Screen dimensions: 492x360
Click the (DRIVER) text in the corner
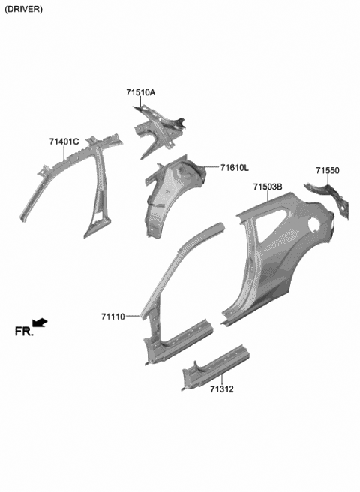coord(23,9)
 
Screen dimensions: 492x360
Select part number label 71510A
coord(140,92)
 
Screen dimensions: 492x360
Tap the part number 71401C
coord(64,142)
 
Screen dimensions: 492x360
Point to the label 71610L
coord(234,168)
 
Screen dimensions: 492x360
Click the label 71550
coord(327,171)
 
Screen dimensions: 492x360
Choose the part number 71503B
coord(267,187)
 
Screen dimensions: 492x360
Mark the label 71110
coord(113,317)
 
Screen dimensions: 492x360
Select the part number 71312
coord(222,388)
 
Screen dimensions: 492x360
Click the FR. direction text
coord(23,330)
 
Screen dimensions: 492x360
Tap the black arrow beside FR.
coord(40,322)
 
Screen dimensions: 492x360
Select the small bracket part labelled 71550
coord(330,197)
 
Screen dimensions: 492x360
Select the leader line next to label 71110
coord(133,316)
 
